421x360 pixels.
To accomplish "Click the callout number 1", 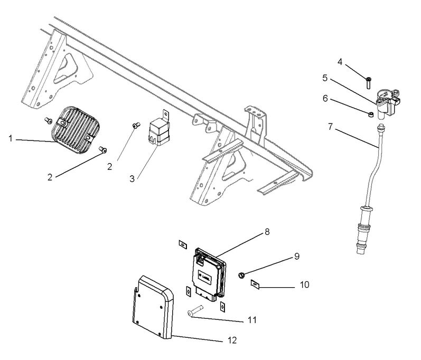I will (11, 138).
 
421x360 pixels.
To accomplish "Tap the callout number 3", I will (132, 178).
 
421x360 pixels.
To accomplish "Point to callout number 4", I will (340, 62).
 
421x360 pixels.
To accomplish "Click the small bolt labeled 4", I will (368, 82).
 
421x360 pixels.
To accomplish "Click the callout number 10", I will (304, 285).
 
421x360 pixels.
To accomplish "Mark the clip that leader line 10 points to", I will (254, 286).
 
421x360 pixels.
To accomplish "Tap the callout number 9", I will (296, 256).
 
